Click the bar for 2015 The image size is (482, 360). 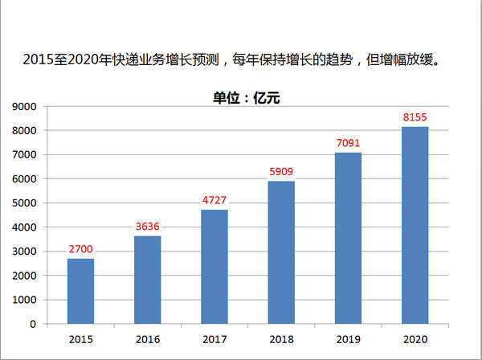pos(80,291)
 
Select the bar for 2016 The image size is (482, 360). pos(147,280)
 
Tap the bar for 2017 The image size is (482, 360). pos(214,267)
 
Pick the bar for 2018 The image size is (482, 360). pos(281,252)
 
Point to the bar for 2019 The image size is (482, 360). pos(348,238)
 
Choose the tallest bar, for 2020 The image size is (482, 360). pos(415,225)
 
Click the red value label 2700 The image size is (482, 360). pos(80,249)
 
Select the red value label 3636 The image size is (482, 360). pos(147,227)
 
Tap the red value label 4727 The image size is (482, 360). pos(214,200)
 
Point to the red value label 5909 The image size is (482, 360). pos(281,171)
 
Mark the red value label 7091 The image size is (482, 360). pos(348,143)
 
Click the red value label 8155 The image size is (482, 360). pos(415,117)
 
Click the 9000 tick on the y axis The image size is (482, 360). pos(25,106)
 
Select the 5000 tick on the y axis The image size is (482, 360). pos(25,202)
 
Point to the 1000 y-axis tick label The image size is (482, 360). pos(25,300)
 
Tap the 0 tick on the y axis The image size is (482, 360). pos(33,324)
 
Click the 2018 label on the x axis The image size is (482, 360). pos(281,339)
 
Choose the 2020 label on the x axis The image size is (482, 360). pos(415,339)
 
